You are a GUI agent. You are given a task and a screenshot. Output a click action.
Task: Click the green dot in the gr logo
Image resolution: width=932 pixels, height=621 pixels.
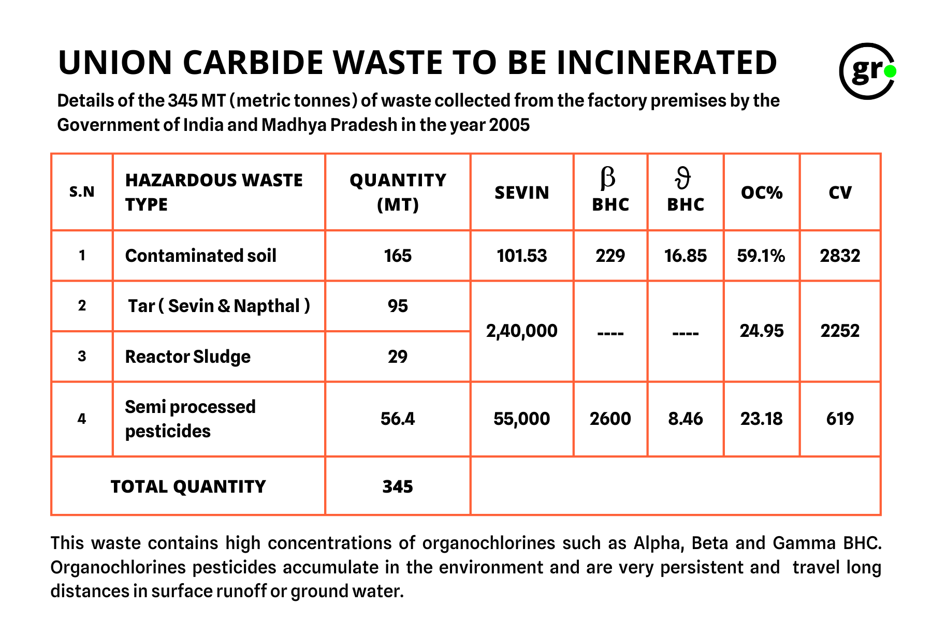pyautogui.click(x=890, y=71)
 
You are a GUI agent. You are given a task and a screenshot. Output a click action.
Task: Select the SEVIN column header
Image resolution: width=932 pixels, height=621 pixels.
pyautogui.click(x=521, y=193)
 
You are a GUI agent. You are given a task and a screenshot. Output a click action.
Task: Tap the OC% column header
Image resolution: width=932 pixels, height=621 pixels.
pyautogui.click(x=762, y=193)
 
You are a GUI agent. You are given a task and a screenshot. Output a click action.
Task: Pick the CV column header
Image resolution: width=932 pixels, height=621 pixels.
pyautogui.click(x=840, y=193)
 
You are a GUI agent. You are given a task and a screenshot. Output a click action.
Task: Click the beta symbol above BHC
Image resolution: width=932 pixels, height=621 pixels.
pyautogui.click(x=608, y=178)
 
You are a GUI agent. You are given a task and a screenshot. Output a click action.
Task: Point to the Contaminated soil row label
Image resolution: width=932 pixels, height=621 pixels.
pyautogui.click(x=200, y=256)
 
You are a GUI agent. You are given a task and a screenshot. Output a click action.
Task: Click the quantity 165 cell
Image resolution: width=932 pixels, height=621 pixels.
pyautogui.click(x=398, y=256)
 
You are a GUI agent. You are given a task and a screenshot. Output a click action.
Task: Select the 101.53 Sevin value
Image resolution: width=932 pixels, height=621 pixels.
pyautogui.click(x=521, y=256)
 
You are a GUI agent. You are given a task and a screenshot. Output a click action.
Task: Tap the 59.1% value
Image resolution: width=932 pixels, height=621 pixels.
pyautogui.click(x=761, y=256)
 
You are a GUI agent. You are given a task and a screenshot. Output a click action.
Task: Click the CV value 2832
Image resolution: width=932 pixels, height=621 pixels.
pyautogui.click(x=840, y=256)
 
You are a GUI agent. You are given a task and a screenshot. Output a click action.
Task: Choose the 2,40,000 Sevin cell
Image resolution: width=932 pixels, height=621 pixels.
pyautogui.click(x=521, y=331)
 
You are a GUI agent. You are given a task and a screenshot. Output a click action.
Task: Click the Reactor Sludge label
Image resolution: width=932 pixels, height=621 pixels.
pyautogui.click(x=187, y=357)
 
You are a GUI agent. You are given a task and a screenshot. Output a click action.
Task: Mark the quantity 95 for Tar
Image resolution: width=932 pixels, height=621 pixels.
pyautogui.click(x=398, y=306)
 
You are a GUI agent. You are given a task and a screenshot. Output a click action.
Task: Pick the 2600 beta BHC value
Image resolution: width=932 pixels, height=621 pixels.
pyautogui.click(x=610, y=418)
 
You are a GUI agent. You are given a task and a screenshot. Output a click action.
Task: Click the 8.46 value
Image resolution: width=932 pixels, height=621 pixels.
pyautogui.click(x=686, y=418)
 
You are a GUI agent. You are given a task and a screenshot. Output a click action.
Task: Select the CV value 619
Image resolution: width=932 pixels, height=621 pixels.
pyautogui.click(x=840, y=418)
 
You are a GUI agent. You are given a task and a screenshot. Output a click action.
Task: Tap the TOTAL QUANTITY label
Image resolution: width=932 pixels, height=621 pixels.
pyautogui.click(x=188, y=486)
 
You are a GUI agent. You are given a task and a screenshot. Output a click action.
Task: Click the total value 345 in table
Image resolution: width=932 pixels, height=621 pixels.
pyautogui.click(x=398, y=486)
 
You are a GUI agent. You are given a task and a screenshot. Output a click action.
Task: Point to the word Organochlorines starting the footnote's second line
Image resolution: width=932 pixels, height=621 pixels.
pyautogui.click(x=118, y=567)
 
